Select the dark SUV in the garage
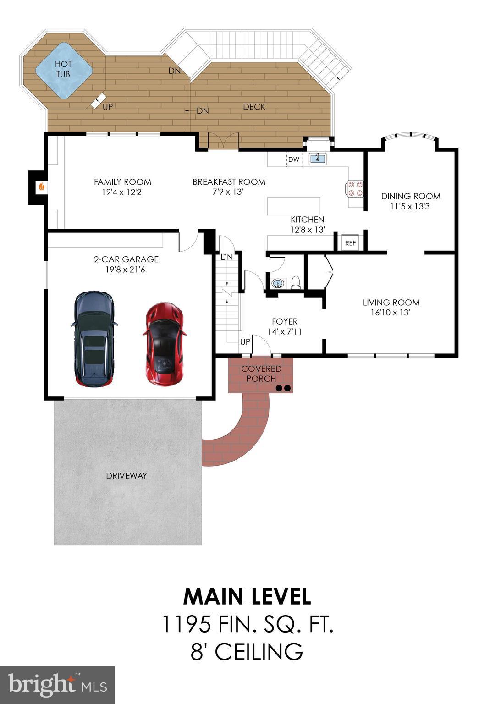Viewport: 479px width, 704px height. coord(94,339)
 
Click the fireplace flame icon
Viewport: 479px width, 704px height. coord(41,187)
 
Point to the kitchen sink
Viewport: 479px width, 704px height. coord(317,159)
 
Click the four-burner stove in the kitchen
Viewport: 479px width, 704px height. coord(355,189)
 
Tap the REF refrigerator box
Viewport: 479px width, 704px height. coord(350,243)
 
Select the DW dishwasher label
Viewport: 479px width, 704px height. coord(293,160)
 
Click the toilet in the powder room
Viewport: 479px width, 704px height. coord(296,282)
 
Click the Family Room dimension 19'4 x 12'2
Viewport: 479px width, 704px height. coord(122,192)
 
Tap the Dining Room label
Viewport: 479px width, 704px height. coord(411,196)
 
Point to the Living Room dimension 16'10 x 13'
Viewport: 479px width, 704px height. coord(391,313)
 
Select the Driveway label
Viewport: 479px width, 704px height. coord(127,476)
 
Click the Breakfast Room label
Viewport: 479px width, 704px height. coord(229,182)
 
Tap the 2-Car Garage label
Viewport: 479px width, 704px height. coord(126,259)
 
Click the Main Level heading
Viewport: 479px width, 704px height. coord(247,596)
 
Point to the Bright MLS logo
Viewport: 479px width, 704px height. coord(57,685)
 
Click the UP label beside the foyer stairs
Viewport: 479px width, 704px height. coord(245,342)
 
